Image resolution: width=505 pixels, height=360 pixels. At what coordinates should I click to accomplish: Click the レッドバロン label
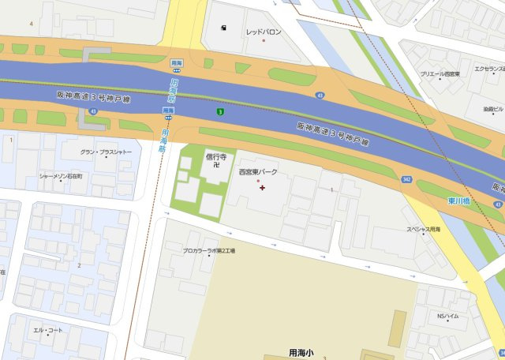(x=263, y=32)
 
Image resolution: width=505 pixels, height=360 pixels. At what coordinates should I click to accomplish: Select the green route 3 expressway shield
(x=221, y=112)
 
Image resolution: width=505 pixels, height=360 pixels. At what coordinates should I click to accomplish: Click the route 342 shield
(x=406, y=180)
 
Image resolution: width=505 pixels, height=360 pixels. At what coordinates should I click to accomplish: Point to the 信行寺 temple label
(x=216, y=156)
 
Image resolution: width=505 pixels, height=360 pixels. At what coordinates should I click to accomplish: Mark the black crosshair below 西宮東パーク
(x=262, y=187)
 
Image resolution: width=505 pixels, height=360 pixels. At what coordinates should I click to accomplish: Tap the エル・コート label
(x=47, y=330)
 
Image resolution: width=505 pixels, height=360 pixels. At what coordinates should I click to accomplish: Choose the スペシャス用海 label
(x=423, y=230)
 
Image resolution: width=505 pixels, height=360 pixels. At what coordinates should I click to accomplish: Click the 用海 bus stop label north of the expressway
(x=177, y=62)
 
